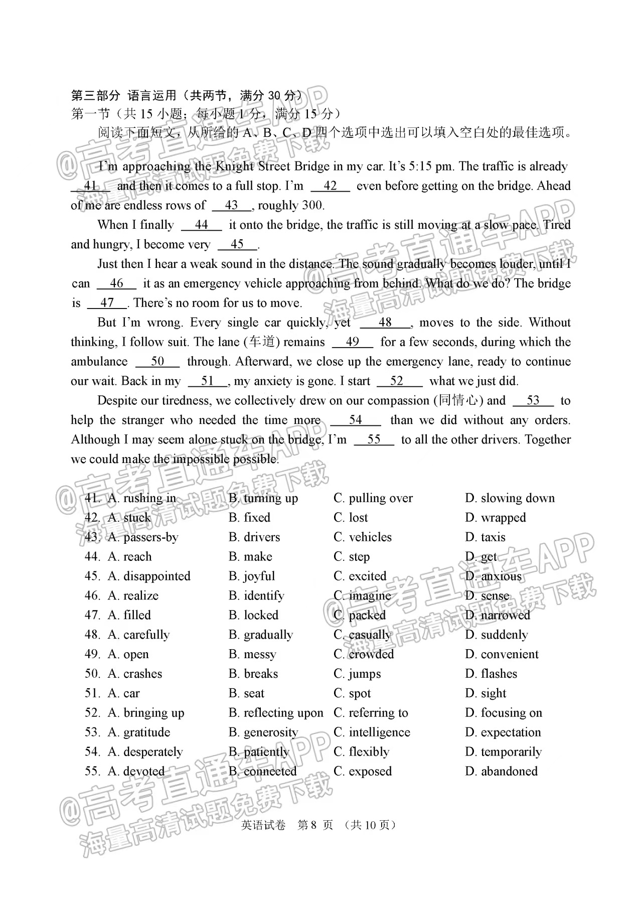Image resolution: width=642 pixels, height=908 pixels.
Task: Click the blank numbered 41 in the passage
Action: pyautogui.click(x=90, y=186)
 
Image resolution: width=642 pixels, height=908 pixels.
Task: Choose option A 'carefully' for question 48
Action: pyautogui.click(x=138, y=635)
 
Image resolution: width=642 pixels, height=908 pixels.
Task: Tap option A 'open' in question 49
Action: pyautogui.click(x=128, y=655)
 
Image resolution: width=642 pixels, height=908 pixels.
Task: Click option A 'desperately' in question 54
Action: pyautogui.click(x=145, y=752)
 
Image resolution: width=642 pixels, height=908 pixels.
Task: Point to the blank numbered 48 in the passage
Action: pyautogui.click(x=385, y=323)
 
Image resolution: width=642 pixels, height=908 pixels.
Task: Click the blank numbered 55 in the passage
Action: pyautogui.click(x=374, y=440)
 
